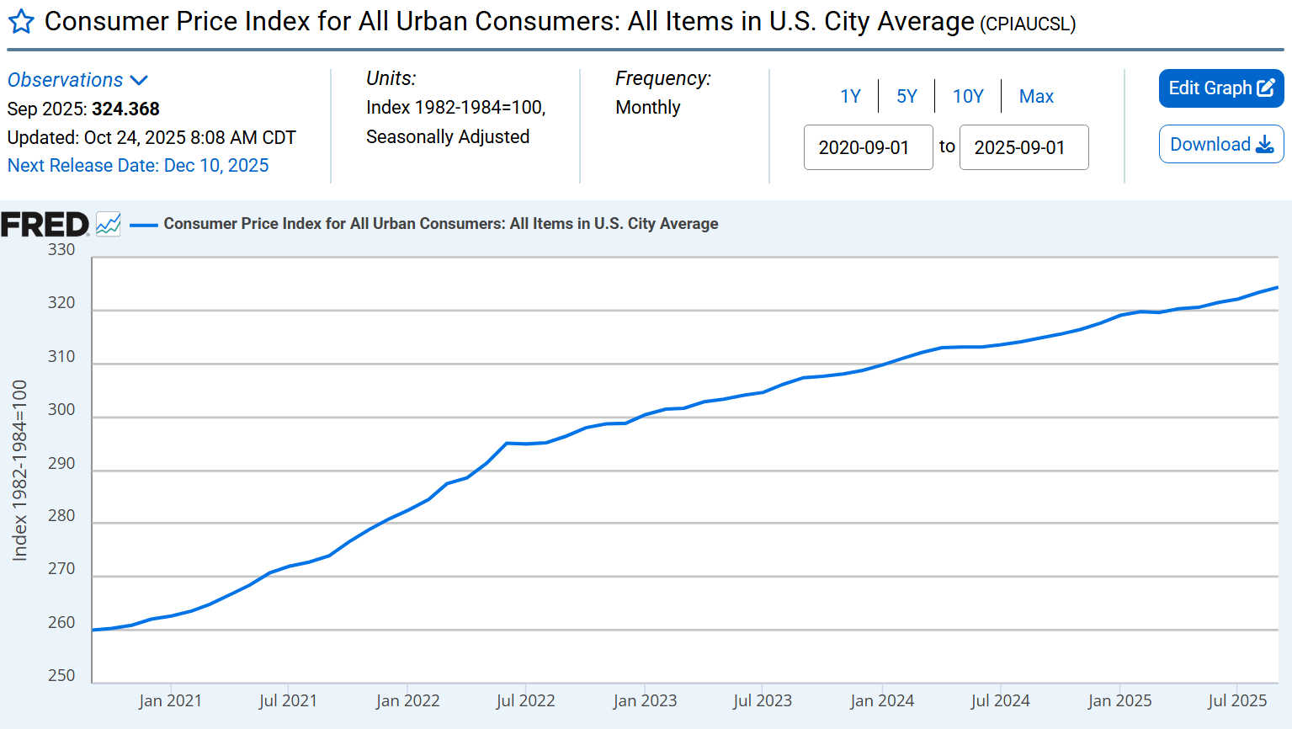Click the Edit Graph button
1220,88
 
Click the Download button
1220,145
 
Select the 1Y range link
850,97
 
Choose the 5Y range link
907,97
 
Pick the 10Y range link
968,97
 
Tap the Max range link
1036,97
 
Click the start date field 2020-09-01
868,148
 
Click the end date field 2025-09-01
1023,148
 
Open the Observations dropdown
77,80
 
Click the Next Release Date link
138,166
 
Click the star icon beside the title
21,22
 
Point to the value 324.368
125,109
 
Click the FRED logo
45,225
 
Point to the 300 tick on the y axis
61,410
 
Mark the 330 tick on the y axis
61,250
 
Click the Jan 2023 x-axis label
645,701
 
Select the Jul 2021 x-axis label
288,701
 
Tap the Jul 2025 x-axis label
1237,701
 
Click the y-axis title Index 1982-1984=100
20,470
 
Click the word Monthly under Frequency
647,108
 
